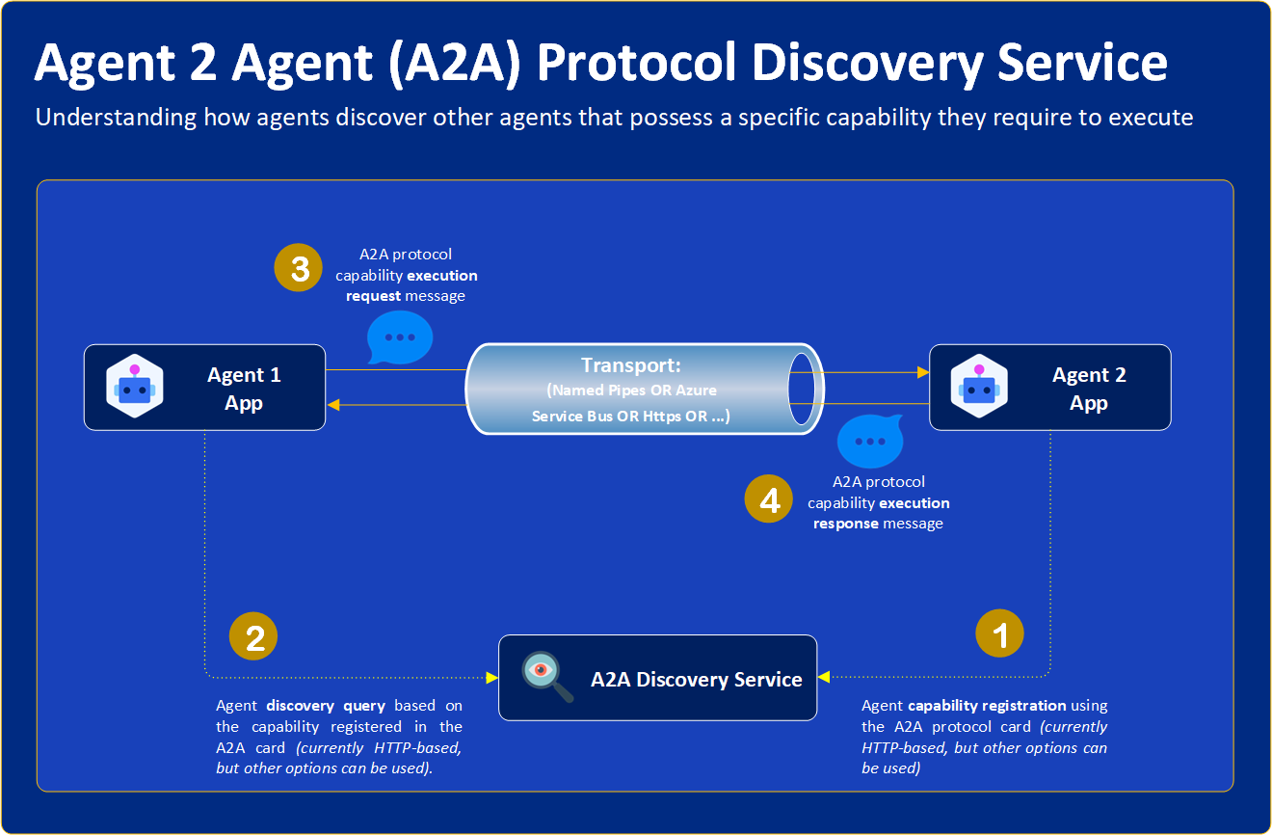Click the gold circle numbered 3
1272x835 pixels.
(300, 268)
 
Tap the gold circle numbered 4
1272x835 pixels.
(769, 499)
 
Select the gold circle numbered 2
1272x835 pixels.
(253, 637)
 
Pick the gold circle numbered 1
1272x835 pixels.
(999, 634)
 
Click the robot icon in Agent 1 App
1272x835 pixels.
(134, 388)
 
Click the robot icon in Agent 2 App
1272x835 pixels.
(979, 388)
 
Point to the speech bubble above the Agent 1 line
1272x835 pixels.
(400, 337)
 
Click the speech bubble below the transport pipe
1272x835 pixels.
(870, 442)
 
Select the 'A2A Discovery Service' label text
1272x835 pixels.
(696, 679)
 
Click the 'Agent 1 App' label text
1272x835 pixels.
(244, 389)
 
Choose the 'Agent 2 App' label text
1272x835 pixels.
(1089, 389)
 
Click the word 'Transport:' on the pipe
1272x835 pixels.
(631, 365)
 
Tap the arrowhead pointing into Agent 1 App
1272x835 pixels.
(333, 405)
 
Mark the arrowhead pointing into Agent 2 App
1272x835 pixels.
(921, 371)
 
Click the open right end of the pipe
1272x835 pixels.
(806, 389)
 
